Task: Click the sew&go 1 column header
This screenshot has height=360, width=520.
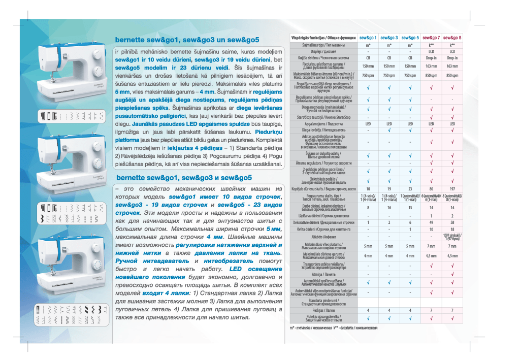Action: (x=368, y=38)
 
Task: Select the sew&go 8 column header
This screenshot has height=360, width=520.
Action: (x=452, y=38)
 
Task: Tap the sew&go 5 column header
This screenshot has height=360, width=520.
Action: (x=410, y=38)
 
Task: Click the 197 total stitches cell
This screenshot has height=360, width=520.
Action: (x=452, y=189)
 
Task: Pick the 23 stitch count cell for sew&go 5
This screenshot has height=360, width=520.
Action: (x=410, y=189)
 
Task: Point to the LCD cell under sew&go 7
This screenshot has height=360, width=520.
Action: (x=431, y=51)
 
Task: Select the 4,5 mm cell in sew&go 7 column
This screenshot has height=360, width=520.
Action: (x=431, y=255)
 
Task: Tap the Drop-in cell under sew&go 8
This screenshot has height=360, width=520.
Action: (x=452, y=58)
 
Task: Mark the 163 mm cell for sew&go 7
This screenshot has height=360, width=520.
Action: (x=431, y=66)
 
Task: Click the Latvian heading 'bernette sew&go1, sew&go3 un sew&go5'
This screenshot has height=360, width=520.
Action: (x=187, y=40)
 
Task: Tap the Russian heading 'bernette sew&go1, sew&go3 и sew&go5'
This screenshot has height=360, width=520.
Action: (x=184, y=178)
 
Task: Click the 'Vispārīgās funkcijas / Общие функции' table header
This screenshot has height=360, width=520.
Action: (x=323, y=38)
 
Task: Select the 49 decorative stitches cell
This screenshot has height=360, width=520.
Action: (x=431, y=222)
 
